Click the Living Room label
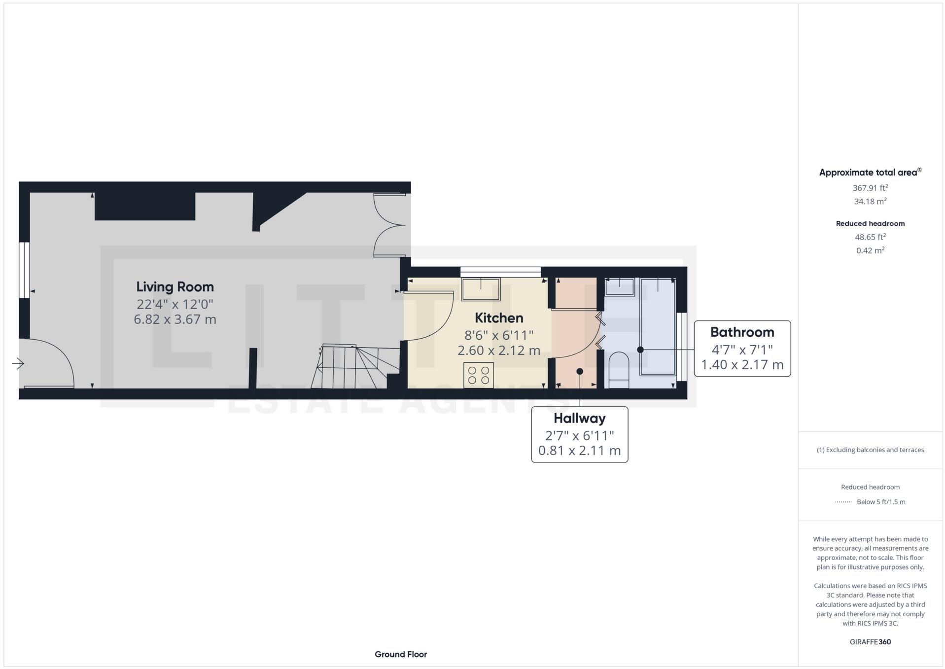pyautogui.click(x=175, y=287)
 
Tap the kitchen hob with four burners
pyautogui.click(x=479, y=375)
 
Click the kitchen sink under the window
pyautogui.click(x=481, y=289)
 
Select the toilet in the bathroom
pyautogui.click(x=619, y=370)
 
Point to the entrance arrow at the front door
pyautogui.click(x=18, y=364)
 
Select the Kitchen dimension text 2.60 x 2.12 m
pyautogui.click(x=499, y=351)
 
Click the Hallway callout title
pyautogui.click(x=579, y=419)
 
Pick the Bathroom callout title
pyautogui.click(x=742, y=332)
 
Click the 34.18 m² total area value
pyautogui.click(x=870, y=201)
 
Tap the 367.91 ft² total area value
pyautogui.click(x=870, y=188)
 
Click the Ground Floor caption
pyautogui.click(x=401, y=654)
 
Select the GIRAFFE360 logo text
pyautogui.click(x=870, y=642)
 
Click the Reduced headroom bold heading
pyautogui.click(x=870, y=223)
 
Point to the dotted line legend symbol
pyautogui.click(x=843, y=502)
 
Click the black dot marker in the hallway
pyautogui.click(x=580, y=371)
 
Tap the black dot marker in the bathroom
pyautogui.click(x=640, y=350)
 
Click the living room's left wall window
pyautogui.click(x=24, y=270)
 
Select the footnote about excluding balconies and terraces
pyautogui.click(x=870, y=450)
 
